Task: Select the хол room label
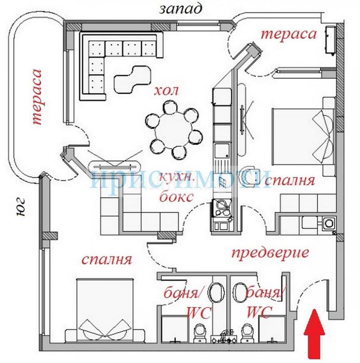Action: coord(166,91)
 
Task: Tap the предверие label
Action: coord(270,254)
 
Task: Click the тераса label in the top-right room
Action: coord(289,35)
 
